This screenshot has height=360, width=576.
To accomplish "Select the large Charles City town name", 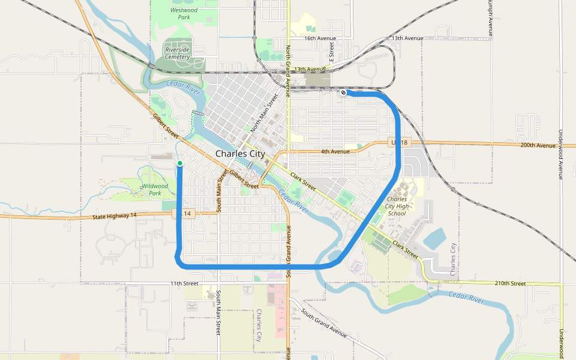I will point(239,154).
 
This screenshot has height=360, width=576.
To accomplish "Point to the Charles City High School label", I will point(397,206).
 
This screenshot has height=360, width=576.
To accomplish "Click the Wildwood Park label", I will point(155,190).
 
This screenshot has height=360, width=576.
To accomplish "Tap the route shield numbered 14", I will point(187,214).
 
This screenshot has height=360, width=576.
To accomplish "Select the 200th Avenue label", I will point(538,145).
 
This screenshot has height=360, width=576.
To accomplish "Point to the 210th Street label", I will point(511,283).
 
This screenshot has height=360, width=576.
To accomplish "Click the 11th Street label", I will point(184,283).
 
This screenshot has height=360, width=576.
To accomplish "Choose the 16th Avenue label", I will point(320,38).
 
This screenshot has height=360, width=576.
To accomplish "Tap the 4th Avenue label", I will point(335,151).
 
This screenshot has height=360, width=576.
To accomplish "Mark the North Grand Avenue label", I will point(288,66).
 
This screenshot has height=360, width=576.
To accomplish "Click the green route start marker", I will point(179,163).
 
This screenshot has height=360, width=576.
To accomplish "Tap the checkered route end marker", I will point(343,92).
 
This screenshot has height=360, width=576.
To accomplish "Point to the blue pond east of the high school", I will point(435,238).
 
